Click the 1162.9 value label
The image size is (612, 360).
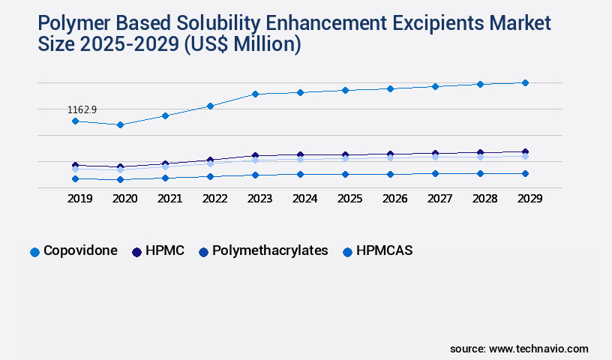(82, 110)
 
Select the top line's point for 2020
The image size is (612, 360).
(120, 124)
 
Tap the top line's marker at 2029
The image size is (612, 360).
(525, 82)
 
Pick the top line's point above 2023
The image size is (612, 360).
(255, 94)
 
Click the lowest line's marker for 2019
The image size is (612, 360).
(75, 178)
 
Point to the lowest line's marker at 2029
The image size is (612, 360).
(525, 173)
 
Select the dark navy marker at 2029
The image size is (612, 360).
(525, 151)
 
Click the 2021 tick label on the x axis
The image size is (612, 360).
(169, 199)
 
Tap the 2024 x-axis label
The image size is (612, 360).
(304, 199)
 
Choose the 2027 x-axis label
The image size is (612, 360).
(439, 199)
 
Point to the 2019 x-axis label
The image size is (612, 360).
(79, 199)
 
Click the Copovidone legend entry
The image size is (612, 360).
(80, 250)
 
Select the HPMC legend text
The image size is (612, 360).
(166, 250)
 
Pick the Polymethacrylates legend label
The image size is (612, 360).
(270, 250)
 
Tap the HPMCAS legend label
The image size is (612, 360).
(385, 250)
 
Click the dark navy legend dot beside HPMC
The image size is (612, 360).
(137, 252)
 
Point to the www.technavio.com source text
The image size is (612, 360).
(538, 349)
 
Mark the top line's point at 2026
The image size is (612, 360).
(390, 88)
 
